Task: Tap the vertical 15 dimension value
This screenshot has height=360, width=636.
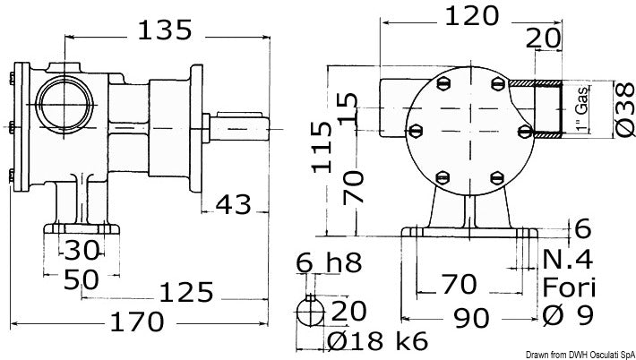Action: click(346, 108)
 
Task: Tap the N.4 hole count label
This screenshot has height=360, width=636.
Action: click(571, 260)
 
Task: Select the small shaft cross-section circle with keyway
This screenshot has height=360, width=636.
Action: click(311, 313)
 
